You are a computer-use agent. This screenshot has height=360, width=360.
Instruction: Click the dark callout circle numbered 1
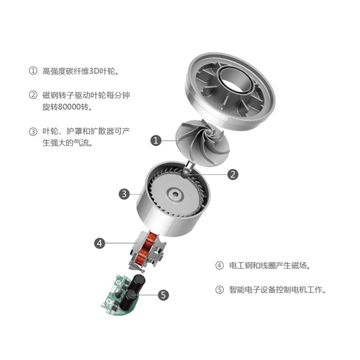pos(156,140)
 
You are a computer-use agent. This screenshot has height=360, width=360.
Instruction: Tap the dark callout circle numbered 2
pos(233,174)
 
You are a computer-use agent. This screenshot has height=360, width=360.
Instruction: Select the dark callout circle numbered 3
pos(124,194)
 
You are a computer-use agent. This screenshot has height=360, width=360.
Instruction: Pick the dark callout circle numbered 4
pos(99,243)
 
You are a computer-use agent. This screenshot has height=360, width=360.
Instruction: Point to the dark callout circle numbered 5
pos(163,295)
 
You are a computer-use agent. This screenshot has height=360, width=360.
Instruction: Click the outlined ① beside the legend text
pos(33,71)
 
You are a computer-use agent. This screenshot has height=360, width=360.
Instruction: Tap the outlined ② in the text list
pos(33,95)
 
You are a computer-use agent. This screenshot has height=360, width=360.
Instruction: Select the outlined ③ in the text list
pos(33,131)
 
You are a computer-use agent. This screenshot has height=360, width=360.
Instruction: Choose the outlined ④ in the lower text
pos(220,265)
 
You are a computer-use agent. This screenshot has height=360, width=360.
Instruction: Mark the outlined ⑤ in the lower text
pos(220,289)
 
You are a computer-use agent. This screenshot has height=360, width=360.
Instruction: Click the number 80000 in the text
pos(69,107)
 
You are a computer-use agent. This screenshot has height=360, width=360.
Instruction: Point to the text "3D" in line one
pos(94,71)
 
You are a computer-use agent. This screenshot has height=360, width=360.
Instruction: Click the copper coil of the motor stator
pos(147,249)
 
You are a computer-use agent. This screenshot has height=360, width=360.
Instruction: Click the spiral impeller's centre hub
pos(209,132)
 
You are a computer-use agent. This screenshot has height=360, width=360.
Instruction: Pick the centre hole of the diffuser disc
pos(175,194)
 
